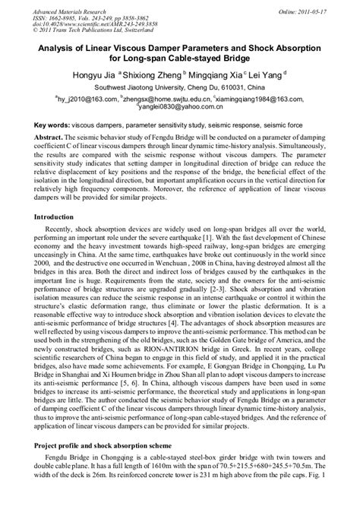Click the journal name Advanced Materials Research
(x=55, y=8)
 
